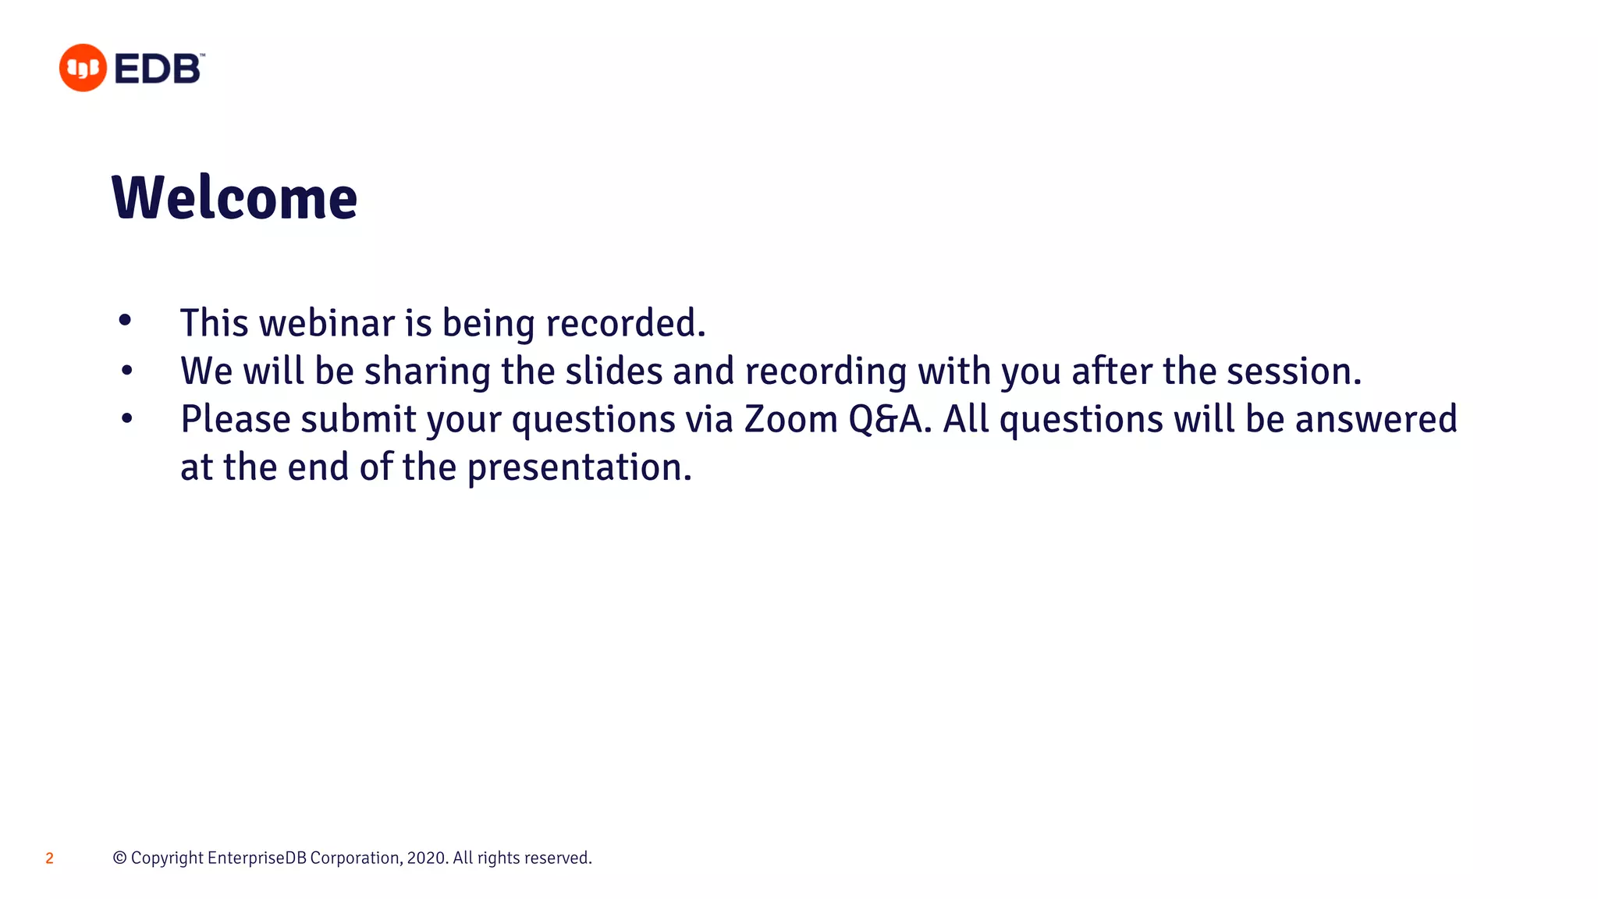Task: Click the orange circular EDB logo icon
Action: tap(83, 68)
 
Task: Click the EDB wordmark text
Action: tap(158, 69)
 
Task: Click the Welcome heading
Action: tap(234, 198)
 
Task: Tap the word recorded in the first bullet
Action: tap(625, 323)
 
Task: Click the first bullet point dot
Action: tap(125, 320)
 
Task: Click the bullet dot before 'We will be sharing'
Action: tap(127, 371)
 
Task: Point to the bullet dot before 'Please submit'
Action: tap(127, 419)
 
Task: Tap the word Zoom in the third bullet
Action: tap(790, 420)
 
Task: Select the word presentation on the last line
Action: tap(579, 468)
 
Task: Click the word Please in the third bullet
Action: tap(236, 420)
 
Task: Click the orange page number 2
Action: tap(49, 858)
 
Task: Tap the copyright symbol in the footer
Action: tap(119, 858)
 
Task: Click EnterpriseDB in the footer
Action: tap(257, 858)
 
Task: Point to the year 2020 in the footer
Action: tap(426, 858)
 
